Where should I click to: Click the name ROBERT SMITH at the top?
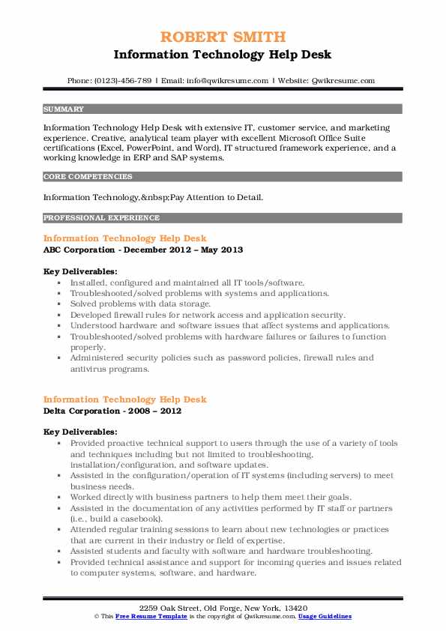click(x=223, y=37)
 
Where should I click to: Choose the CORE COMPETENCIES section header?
click(x=88, y=177)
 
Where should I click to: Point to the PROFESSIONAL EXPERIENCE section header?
click(x=101, y=218)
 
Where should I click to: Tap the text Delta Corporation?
click(x=83, y=411)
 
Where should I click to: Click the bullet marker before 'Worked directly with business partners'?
click(x=59, y=498)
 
